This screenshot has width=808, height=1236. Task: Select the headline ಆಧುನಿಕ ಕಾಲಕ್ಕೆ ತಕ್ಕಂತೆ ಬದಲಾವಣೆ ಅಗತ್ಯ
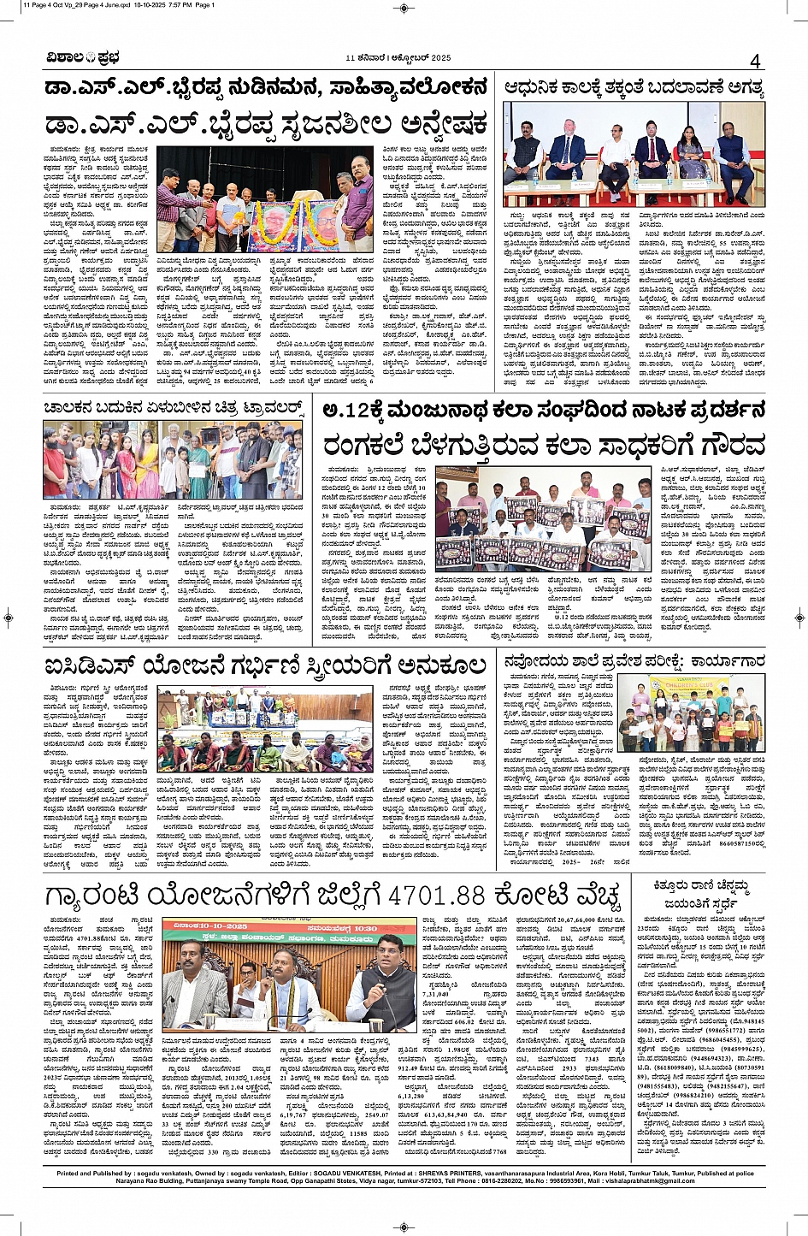click(x=634, y=88)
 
